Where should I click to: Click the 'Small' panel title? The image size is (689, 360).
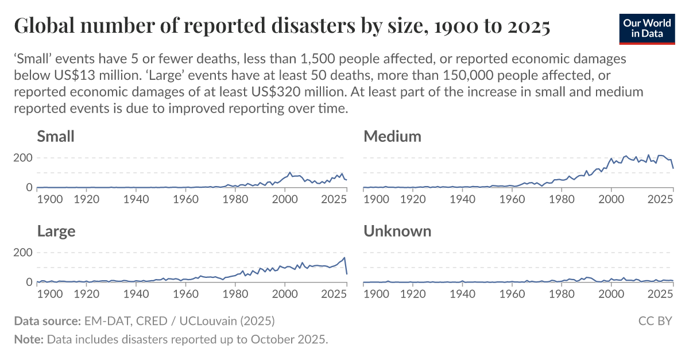pos(56,136)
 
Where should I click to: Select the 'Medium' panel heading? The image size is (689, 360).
pos(392,136)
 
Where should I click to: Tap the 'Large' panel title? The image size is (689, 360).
pos(56,231)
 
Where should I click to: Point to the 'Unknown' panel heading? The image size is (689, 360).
pos(397,231)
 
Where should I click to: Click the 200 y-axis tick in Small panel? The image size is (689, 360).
pos(23,158)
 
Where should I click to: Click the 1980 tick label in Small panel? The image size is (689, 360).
pos(234,199)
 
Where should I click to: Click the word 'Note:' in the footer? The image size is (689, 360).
pos(29,339)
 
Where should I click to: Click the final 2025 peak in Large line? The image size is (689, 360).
pos(344,258)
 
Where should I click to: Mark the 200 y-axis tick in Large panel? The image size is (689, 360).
pos(23,253)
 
